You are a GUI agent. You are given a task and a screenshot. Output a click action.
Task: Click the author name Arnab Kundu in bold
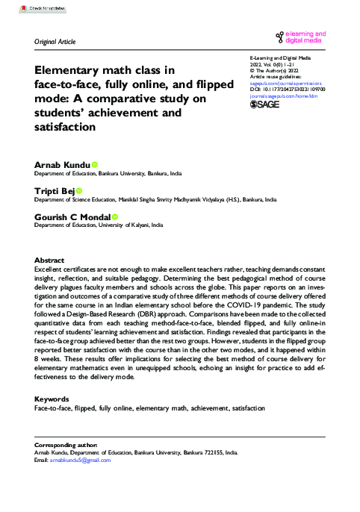pos(63,164)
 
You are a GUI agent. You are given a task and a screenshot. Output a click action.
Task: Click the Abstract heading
pos(49,260)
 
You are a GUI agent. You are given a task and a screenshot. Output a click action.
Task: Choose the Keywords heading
pos(52,399)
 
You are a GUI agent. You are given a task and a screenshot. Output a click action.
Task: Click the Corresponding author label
pos(65,445)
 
